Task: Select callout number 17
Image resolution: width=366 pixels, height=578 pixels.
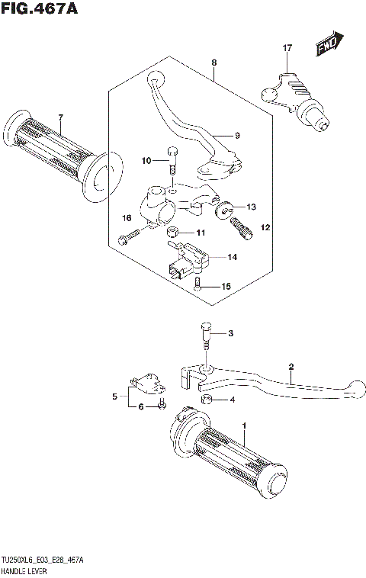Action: [x=287, y=48]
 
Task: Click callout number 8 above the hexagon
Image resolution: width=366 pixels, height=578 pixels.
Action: [x=214, y=63]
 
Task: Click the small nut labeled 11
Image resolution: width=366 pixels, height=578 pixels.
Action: [x=173, y=232]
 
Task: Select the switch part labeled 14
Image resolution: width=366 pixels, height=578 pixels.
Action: [x=186, y=258]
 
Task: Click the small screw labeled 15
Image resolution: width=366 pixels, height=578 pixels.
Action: [x=177, y=285]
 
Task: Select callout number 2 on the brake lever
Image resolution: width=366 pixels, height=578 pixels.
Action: [x=291, y=367]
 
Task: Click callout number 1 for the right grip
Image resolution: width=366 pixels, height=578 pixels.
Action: [x=244, y=424]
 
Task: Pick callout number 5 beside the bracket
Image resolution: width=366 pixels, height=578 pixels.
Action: [x=115, y=397]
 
